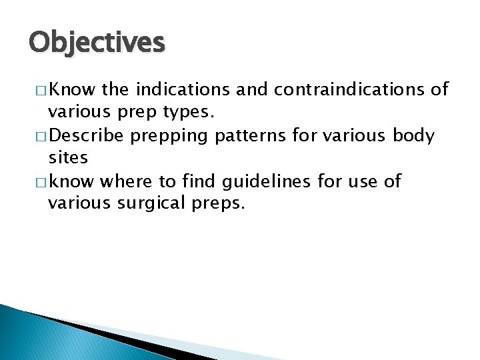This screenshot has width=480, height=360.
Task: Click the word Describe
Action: click(87, 136)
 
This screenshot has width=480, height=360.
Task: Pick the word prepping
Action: click(171, 136)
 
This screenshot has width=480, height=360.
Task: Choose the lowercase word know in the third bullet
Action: click(71, 181)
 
